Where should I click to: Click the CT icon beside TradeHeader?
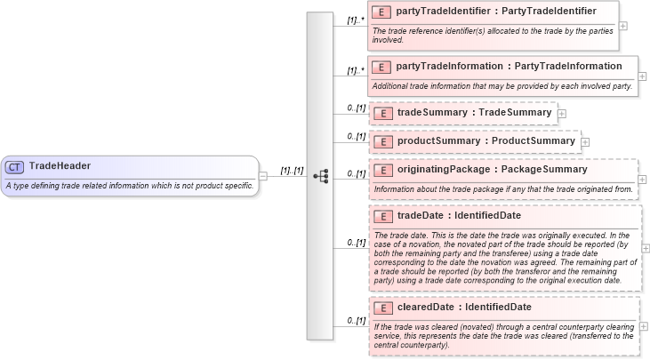[x=15, y=166]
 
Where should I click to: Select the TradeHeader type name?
[x=60, y=165]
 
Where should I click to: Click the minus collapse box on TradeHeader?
[x=262, y=176]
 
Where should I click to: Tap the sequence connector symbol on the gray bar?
[x=320, y=176]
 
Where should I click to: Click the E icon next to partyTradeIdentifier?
[x=381, y=12]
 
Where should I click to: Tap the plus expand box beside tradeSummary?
[x=561, y=114]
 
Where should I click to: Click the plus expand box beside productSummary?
[x=585, y=141]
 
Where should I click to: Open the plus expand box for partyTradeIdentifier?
[x=622, y=25]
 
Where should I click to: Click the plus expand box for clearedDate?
[x=644, y=327]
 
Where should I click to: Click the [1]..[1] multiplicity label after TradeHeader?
[x=293, y=170]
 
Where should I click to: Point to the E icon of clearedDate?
[x=381, y=308]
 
